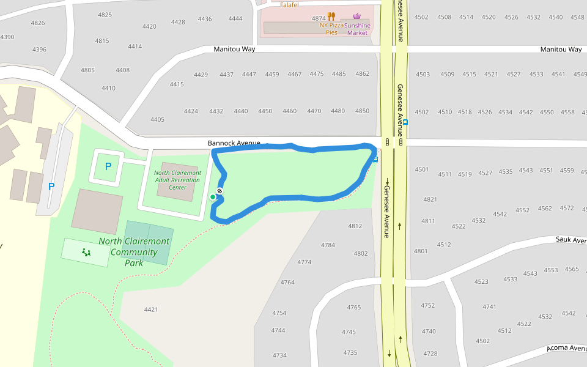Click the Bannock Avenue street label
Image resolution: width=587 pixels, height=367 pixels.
pyautogui.click(x=234, y=143)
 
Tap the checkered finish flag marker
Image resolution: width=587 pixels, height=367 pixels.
pyautogui.click(x=220, y=191)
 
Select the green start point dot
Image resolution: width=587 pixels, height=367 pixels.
pyautogui.click(x=213, y=196)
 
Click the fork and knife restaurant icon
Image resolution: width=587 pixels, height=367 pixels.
pyautogui.click(x=331, y=17)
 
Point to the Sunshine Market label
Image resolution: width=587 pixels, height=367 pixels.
pyautogui.click(x=358, y=29)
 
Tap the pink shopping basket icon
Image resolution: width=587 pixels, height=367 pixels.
pyautogui.click(x=357, y=17)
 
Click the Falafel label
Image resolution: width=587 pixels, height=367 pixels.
pyautogui.click(x=289, y=5)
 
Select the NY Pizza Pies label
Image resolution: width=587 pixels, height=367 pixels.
pyautogui.click(x=332, y=29)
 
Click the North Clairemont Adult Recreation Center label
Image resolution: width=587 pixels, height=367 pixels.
pyautogui.click(x=177, y=180)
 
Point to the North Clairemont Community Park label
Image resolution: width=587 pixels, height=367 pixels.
pyautogui.click(x=134, y=251)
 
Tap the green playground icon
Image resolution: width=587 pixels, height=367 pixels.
pyautogui.click(x=86, y=252)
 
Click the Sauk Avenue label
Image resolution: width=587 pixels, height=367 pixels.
pyautogui.click(x=571, y=240)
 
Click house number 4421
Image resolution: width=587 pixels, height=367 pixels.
pyautogui.click(x=151, y=310)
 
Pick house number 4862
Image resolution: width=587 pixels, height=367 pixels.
pyautogui.click(x=363, y=74)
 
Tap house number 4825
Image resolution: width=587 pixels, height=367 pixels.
pyautogui.click(x=105, y=15)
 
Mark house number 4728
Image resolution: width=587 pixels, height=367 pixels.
pyautogui.click(x=430, y=354)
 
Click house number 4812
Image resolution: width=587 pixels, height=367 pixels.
pyautogui.click(x=355, y=226)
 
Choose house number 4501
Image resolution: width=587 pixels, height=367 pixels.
pyautogui.click(x=422, y=169)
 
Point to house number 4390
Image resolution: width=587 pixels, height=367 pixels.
pyautogui.click(x=7, y=37)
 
